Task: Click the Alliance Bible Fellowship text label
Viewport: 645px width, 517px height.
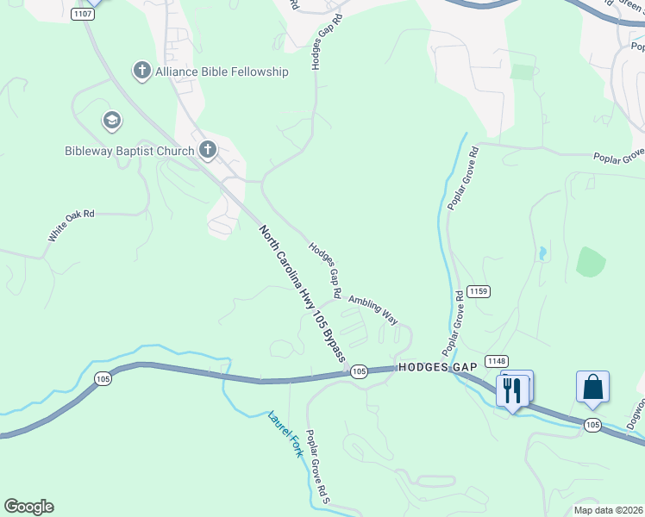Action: click(x=222, y=72)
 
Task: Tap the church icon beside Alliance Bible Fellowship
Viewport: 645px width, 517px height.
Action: click(x=142, y=72)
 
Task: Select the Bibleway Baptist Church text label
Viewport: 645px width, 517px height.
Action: click(x=129, y=152)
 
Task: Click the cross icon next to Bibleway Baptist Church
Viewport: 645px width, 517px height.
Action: click(x=207, y=151)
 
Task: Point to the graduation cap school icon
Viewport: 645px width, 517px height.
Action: click(x=111, y=121)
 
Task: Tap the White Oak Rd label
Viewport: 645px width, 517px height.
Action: click(x=71, y=225)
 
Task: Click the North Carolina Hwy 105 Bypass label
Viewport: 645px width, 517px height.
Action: click(x=302, y=292)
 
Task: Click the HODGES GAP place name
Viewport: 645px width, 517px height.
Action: click(x=436, y=367)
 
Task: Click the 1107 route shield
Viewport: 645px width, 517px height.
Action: click(x=83, y=14)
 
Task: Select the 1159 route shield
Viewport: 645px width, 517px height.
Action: click(x=479, y=292)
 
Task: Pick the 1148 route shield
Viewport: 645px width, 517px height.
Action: click(x=496, y=360)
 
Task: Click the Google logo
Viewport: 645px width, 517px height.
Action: click(x=28, y=507)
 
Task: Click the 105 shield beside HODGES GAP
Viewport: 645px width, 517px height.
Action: click(x=360, y=371)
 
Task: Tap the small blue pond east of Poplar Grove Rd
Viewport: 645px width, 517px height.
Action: click(x=542, y=253)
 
